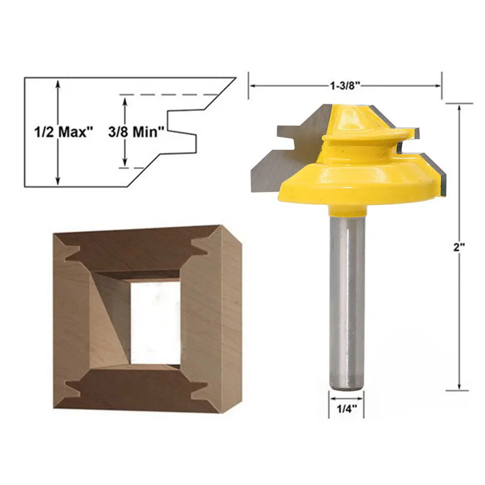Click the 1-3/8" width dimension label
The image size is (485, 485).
coord(344,86)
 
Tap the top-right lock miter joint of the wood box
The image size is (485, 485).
coord(202,245)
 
